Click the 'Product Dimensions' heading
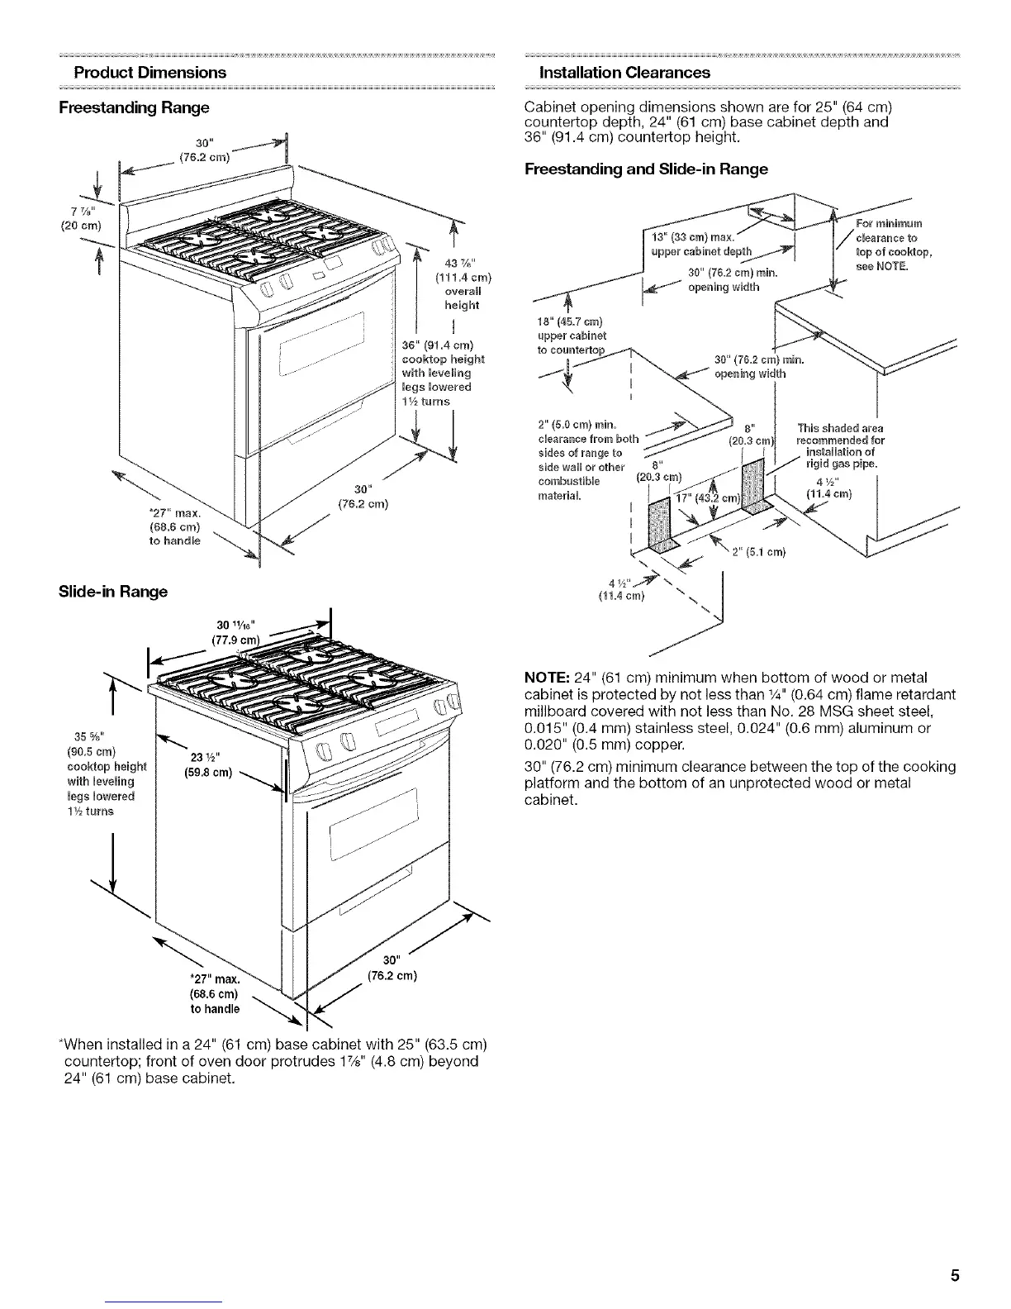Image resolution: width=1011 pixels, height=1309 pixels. (150, 72)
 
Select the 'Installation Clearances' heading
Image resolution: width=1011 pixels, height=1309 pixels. (624, 72)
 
